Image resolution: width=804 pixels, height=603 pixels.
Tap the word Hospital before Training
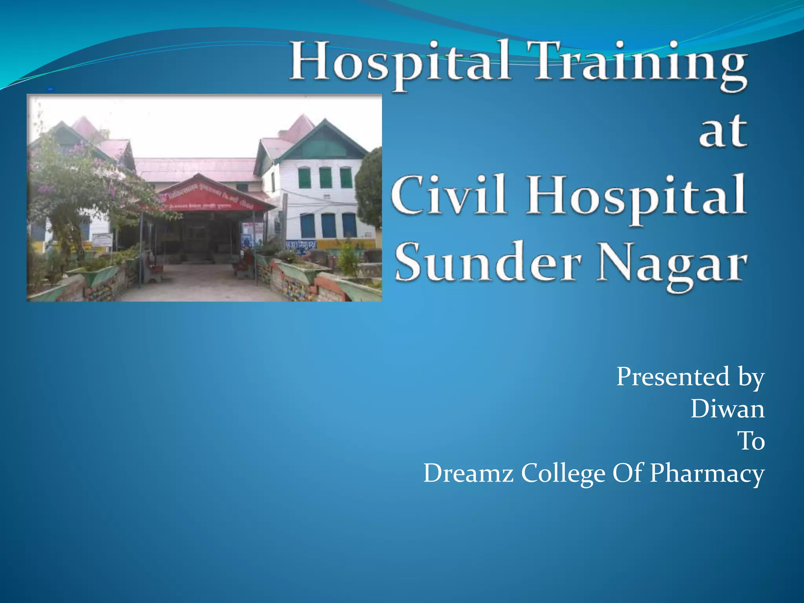[400, 65]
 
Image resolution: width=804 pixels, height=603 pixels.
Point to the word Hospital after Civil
[636, 196]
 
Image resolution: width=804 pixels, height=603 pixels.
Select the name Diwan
[727, 409]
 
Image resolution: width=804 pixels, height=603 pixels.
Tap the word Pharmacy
[707, 473]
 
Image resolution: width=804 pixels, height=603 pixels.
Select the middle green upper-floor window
[325, 177]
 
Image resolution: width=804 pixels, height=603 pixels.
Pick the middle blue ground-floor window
[328, 225]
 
